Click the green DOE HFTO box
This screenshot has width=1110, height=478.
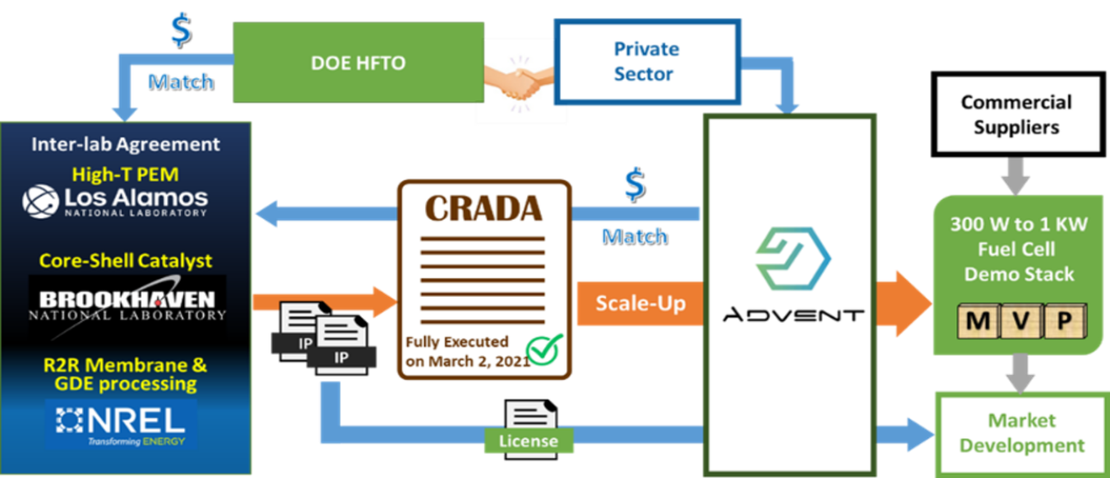pyautogui.click(x=358, y=63)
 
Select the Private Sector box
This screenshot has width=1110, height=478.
pyautogui.click(x=646, y=63)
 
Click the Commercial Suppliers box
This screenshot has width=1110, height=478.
pyautogui.click(x=1016, y=114)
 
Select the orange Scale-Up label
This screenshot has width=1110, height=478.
pyautogui.click(x=640, y=303)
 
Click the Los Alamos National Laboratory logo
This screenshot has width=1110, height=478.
pyautogui.click(x=115, y=202)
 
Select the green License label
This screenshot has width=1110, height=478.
pyautogui.click(x=528, y=441)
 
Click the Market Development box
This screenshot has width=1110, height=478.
pyautogui.click(x=1022, y=433)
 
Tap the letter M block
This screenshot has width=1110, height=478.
pyautogui.click(x=976, y=321)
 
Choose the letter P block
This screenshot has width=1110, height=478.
pyautogui.click(x=1064, y=321)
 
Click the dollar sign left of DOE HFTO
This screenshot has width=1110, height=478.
pyautogui.click(x=180, y=30)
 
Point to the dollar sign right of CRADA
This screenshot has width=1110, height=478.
pyautogui.click(x=633, y=185)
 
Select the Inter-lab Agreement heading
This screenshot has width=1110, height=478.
pyautogui.click(x=126, y=144)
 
